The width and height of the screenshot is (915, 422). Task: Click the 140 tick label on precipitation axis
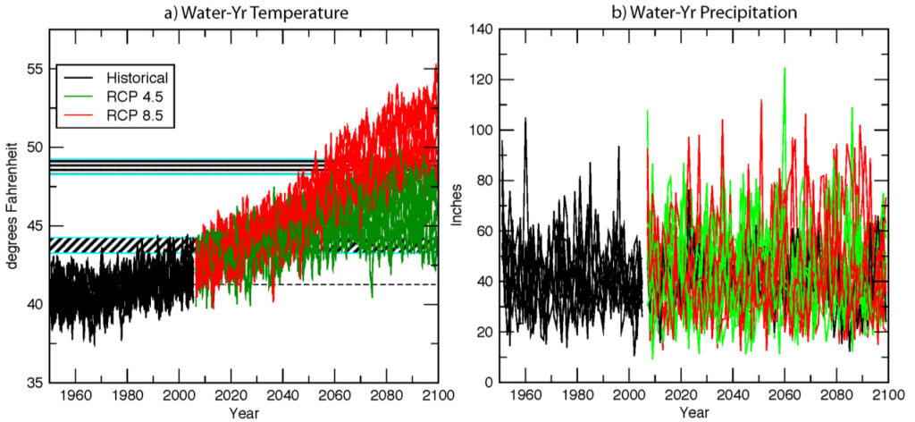481,30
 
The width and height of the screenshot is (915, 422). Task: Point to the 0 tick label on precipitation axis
487,383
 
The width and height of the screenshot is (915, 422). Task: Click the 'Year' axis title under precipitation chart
693,413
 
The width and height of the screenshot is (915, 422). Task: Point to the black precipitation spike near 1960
525,119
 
